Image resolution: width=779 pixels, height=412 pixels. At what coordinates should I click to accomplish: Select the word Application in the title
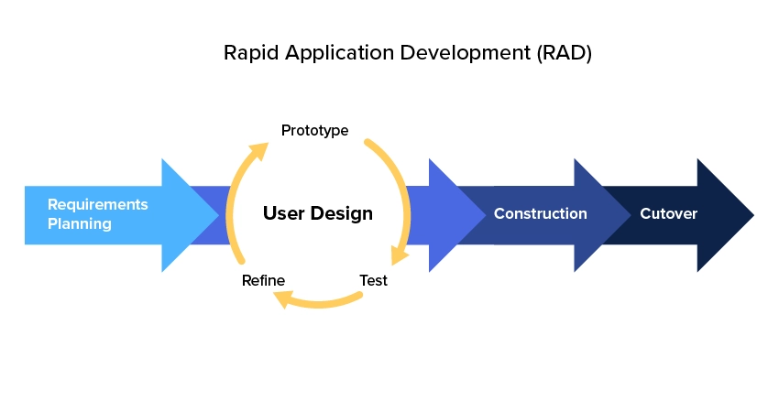[327, 53]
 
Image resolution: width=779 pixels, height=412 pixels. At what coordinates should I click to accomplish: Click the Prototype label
[314, 130]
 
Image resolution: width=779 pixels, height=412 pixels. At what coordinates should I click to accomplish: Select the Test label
[373, 280]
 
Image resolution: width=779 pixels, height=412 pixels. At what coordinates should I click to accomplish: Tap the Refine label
[263, 280]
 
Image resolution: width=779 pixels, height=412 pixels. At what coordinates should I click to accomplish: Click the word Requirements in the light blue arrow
[97, 204]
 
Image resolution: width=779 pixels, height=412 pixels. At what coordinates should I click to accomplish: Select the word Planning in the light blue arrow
[80, 223]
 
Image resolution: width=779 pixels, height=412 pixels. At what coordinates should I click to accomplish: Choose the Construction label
[540, 214]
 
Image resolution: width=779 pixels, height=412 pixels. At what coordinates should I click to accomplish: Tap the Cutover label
[668, 214]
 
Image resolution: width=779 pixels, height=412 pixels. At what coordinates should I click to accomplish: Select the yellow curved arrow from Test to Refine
[325, 301]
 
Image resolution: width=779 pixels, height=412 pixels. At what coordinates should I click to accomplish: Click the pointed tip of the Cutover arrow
[752, 215]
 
